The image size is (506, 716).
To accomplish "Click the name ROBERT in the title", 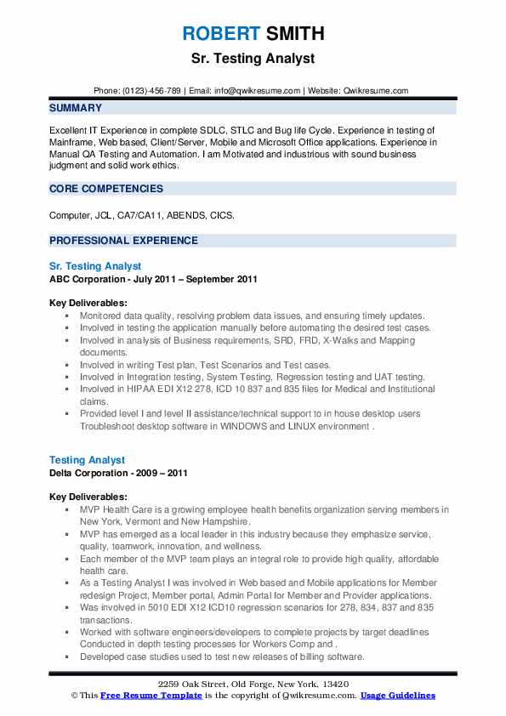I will pyautogui.click(x=219, y=34).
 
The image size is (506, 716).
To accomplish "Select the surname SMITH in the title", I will pyautogui.click(x=294, y=34).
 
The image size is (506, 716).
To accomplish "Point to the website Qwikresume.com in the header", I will pyautogui.click(x=377, y=90).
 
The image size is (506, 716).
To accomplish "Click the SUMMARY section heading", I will pyautogui.click(x=76, y=108).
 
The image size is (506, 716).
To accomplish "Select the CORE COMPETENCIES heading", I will pyautogui.click(x=105, y=189).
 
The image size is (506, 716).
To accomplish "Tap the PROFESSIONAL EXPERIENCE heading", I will pyautogui.click(x=123, y=241).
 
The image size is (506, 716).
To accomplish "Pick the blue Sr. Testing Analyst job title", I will pyautogui.click(x=95, y=266).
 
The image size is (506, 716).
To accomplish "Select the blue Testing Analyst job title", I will pyautogui.click(x=87, y=460).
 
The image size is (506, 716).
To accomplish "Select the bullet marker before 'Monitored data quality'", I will pyautogui.click(x=68, y=315).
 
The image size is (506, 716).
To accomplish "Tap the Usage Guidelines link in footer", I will pyautogui.click(x=397, y=695).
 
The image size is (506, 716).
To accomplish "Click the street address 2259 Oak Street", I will pyautogui.click(x=195, y=685).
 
